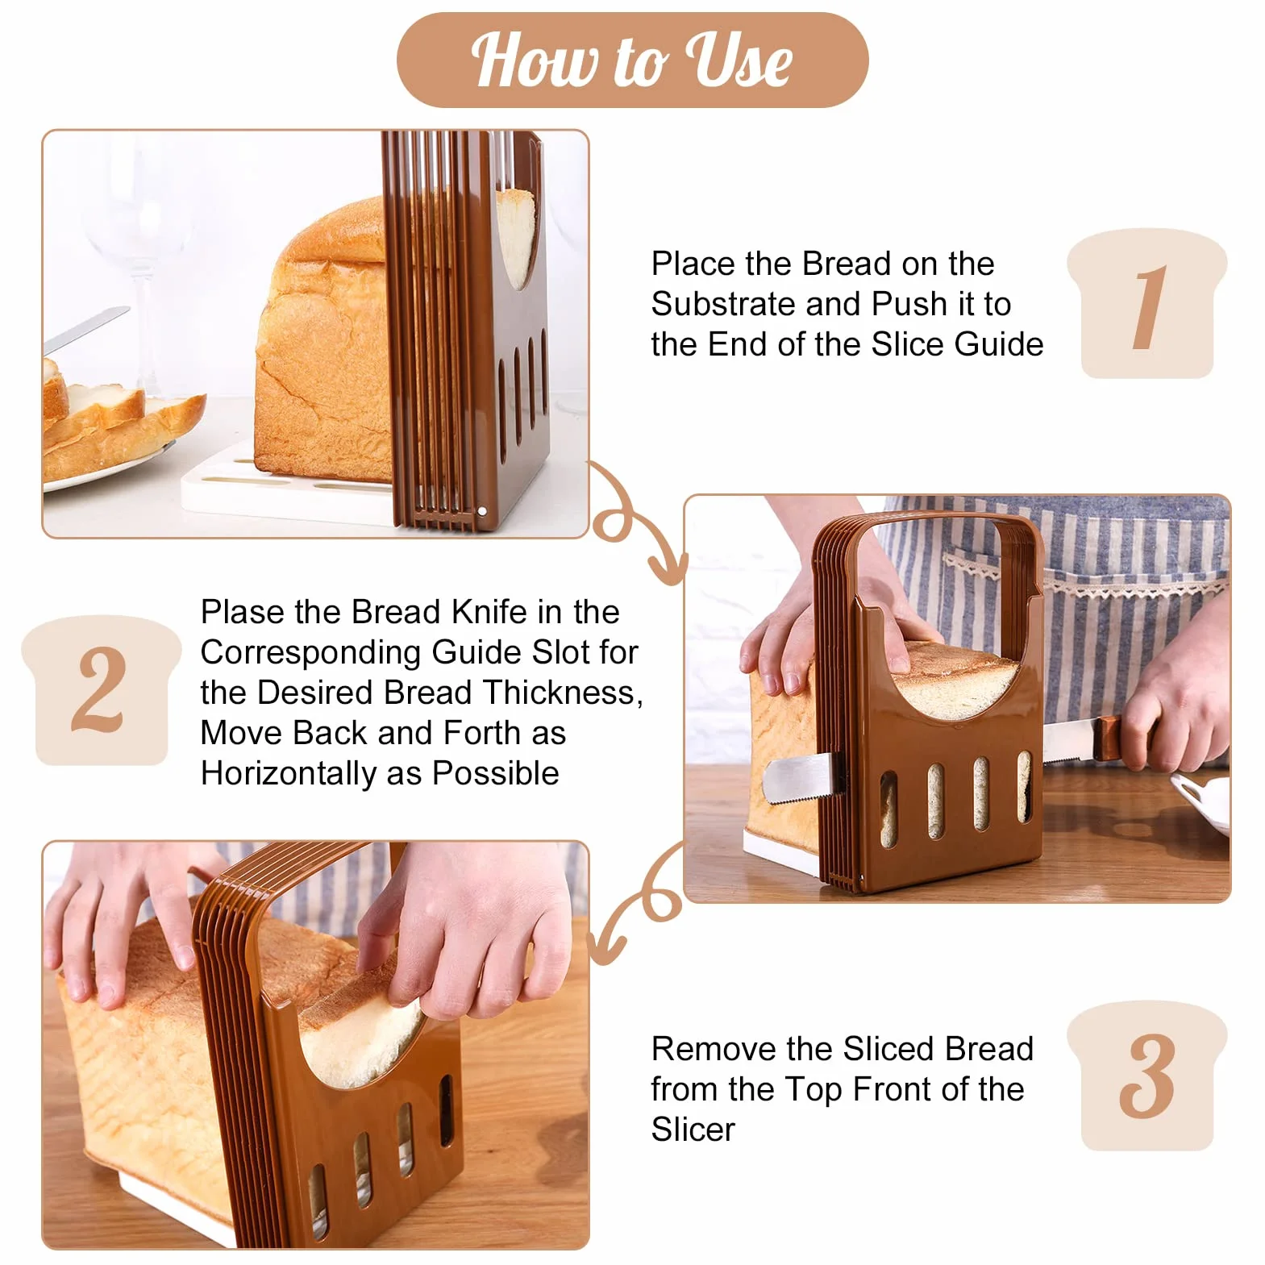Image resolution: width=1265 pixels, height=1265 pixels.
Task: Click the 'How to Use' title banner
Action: point(632,60)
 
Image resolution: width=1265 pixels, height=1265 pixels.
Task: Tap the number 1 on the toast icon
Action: point(1148,307)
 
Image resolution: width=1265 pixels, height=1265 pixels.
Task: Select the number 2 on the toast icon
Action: point(99,690)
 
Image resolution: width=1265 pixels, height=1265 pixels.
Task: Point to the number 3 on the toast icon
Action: point(1146,1076)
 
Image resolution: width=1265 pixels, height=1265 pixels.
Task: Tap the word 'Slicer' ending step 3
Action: point(693,1130)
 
